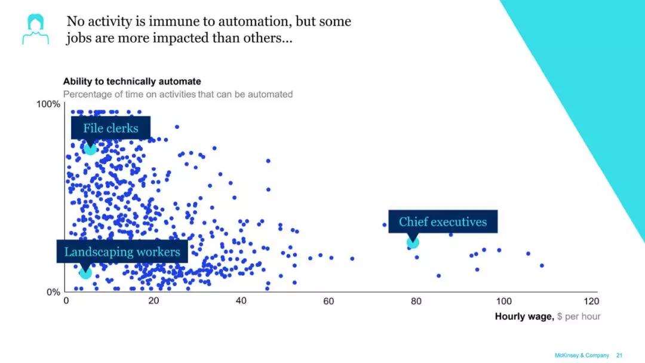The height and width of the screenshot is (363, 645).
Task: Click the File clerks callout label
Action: click(x=110, y=128)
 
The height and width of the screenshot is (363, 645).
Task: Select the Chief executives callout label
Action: click(x=443, y=222)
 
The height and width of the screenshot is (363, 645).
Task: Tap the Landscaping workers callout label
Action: click(x=122, y=251)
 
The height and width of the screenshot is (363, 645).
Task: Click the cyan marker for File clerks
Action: click(x=90, y=148)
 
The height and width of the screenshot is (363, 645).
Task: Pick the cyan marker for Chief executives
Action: click(x=413, y=242)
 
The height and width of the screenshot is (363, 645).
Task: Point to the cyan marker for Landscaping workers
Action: click(x=85, y=273)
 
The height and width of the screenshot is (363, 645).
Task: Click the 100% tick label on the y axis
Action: click(x=48, y=104)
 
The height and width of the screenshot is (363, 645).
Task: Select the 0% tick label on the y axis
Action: click(x=53, y=292)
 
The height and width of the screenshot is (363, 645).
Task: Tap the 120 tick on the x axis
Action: click(x=591, y=302)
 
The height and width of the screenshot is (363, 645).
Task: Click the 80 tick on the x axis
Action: click(x=416, y=302)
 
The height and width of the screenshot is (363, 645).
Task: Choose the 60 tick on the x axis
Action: click(x=328, y=302)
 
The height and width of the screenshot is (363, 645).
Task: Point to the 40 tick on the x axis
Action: click(x=241, y=302)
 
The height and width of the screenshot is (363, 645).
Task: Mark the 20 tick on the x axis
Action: click(x=153, y=302)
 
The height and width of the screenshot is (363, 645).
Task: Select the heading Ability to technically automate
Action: click(x=132, y=81)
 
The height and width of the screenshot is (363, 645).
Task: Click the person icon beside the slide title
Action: click(x=35, y=29)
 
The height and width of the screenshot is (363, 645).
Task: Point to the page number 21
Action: click(x=619, y=355)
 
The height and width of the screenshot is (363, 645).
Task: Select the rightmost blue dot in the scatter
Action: click(x=542, y=265)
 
